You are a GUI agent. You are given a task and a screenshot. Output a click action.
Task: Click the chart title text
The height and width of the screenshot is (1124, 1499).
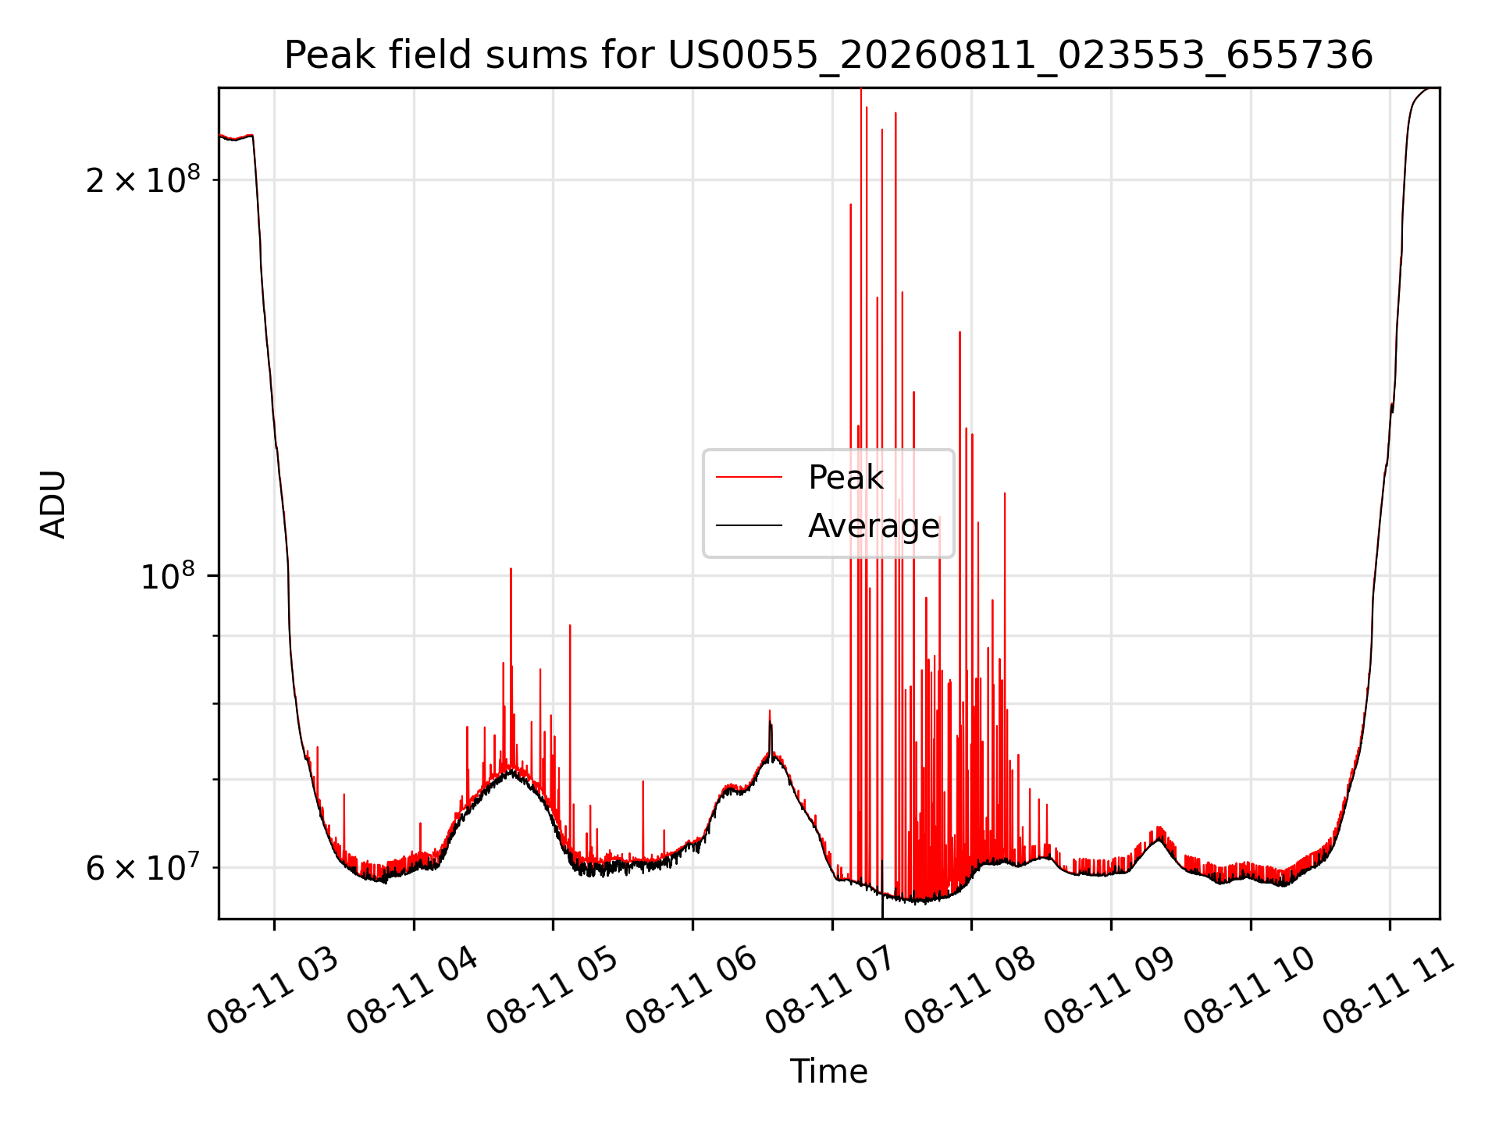pos(828,55)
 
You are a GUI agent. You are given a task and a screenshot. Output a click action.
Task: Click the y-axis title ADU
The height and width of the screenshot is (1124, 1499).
pos(53,503)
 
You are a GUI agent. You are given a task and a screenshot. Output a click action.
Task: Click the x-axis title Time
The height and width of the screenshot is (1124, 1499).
pos(828,1072)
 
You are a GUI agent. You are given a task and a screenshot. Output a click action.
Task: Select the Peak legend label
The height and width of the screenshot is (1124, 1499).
pos(846,477)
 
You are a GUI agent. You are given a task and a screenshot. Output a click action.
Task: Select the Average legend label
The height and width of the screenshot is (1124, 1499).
pos(874,525)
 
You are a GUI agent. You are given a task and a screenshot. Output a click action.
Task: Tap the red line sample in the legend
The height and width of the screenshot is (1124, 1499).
pos(749,477)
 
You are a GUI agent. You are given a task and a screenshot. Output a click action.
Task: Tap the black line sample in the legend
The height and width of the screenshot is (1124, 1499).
pos(749,526)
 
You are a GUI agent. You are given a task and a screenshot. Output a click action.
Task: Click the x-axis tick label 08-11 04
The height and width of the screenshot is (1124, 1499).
pos(412,992)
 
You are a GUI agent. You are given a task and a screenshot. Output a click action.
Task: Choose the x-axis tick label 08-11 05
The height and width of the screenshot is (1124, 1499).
pos(552,992)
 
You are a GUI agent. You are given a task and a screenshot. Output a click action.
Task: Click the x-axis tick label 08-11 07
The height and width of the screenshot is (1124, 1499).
pos(831,992)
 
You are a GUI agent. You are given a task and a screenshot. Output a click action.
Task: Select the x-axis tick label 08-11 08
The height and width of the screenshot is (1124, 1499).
pos(970,992)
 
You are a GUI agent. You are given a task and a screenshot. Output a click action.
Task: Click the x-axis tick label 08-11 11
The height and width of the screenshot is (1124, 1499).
pos(1389,992)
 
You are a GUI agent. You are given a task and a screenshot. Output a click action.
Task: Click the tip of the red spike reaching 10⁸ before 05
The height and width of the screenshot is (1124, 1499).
pos(511,569)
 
